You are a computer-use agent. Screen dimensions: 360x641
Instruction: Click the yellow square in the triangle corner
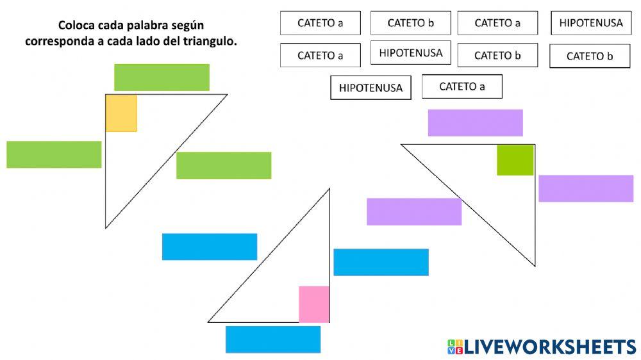tap(121, 113)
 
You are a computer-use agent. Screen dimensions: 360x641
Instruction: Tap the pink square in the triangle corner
tap(314, 304)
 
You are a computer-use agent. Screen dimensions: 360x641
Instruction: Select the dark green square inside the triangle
tap(515, 160)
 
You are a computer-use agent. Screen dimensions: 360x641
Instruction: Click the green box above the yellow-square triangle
tap(162, 78)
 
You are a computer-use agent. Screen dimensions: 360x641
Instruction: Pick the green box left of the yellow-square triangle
tap(54, 154)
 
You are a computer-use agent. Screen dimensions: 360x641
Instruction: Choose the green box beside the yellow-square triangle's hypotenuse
tap(224, 165)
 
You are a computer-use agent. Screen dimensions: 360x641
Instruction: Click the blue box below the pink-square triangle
tap(272, 340)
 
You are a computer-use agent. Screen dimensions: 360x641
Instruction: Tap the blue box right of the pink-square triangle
tap(381, 262)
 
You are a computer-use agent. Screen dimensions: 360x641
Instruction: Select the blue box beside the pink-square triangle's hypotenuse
tap(210, 247)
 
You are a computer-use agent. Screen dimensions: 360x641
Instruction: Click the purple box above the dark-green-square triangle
tap(475, 123)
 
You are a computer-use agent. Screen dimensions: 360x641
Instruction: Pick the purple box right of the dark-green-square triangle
tap(586, 188)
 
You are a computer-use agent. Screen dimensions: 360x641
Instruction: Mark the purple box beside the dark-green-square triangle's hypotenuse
tap(414, 211)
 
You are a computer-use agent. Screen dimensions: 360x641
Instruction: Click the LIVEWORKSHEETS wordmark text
tap(549, 347)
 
